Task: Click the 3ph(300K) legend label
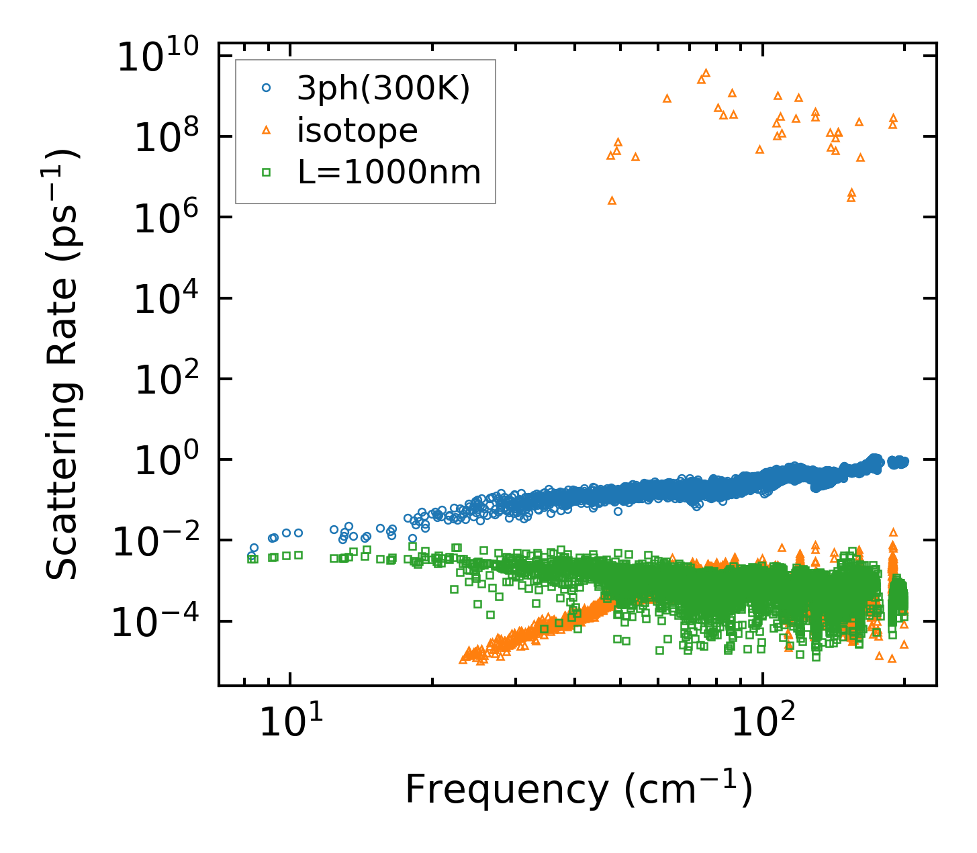tap(383, 88)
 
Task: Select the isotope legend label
tap(357, 130)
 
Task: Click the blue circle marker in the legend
tap(266, 87)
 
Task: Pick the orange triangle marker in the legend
tap(266, 130)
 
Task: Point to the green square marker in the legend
tap(266, 173)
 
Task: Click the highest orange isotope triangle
tap(706, 73)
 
